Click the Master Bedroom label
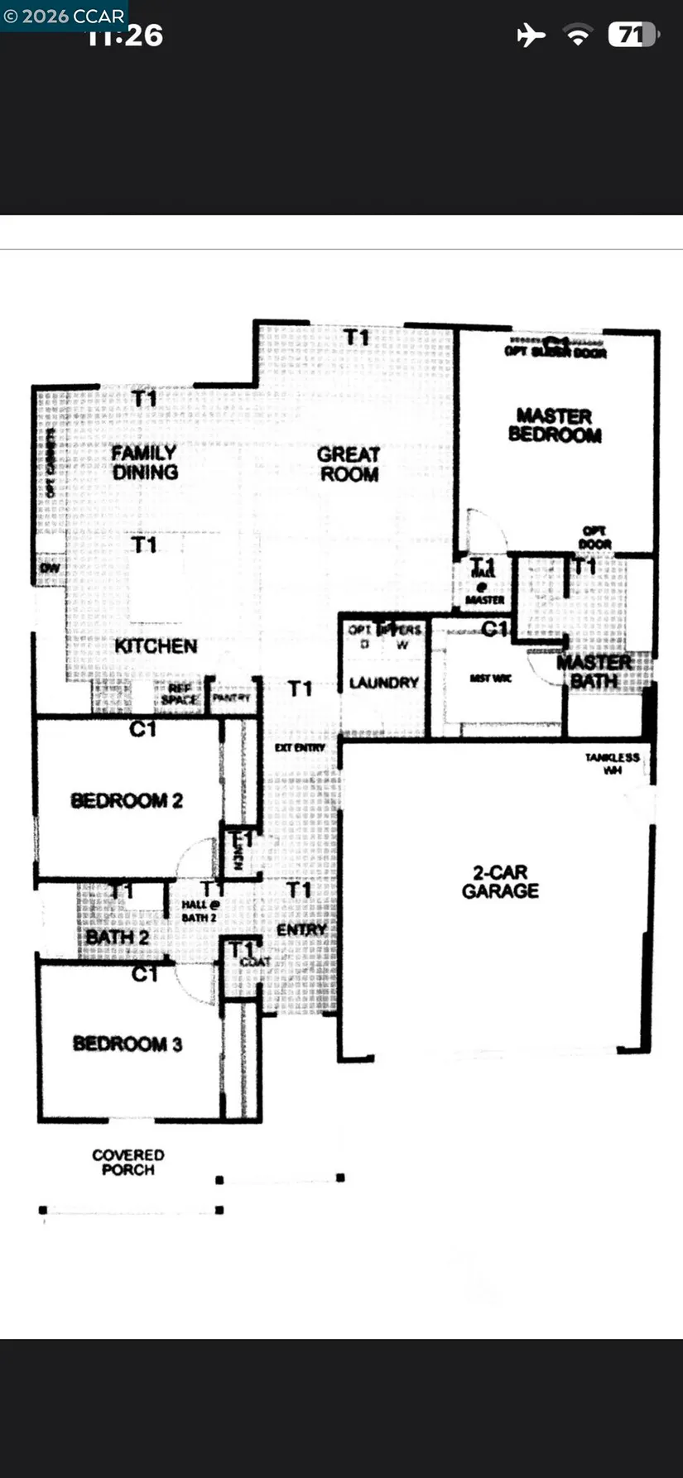[554, 425]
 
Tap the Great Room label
[349, 464]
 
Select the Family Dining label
[145, 463]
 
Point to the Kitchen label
[156, 646]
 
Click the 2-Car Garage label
[500, 881]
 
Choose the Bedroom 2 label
[127, 800]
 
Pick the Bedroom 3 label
[127, 1044]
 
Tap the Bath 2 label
[118, 938]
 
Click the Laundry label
[383, 683]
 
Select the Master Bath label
[594, 672]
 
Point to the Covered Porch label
[128, 1162]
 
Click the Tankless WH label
[613, 763]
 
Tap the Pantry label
[231, 698]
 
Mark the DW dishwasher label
[50, 569]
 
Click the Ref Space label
[180, 694]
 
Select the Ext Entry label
[300, 747]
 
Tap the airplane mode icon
[531, 35]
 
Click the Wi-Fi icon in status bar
[577, 35]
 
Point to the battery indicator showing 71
[633, 35]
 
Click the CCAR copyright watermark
[64, 16]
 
